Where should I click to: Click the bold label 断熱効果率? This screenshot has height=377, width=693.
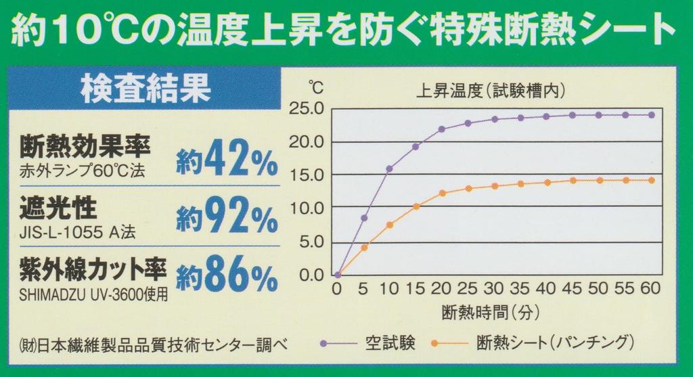click(85, 146)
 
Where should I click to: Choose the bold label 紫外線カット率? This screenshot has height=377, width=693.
click(93, 270)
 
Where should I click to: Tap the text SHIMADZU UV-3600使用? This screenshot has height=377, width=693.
click(93, 295)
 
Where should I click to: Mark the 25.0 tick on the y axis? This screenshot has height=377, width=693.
click(307, 109)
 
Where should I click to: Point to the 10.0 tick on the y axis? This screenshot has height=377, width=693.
click(307, 208)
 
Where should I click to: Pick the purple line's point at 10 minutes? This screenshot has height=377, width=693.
click(389, 169)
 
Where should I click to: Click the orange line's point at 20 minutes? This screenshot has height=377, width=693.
click(442, 193)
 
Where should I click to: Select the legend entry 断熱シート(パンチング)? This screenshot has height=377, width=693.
click(555, 340)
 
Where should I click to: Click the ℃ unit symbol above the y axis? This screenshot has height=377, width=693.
click(316, 87)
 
